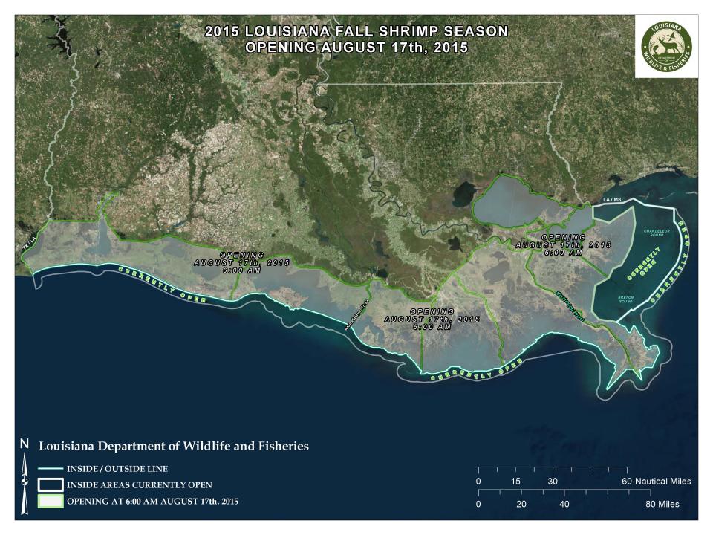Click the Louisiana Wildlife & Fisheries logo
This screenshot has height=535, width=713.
coord(666,45)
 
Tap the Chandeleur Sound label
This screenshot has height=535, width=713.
coord(659,233)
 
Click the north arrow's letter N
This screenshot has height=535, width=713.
coord(25,444)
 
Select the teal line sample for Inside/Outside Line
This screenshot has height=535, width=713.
coord(50,469)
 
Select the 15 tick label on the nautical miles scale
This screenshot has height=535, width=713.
coord(515,481)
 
